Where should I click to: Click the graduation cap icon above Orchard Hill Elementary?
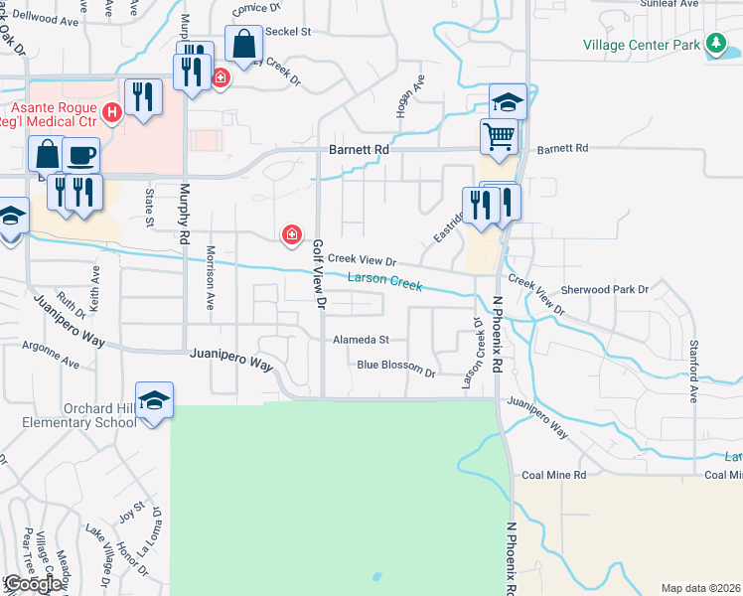tap(154, 399)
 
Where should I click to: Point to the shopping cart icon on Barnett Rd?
tap(500, 137)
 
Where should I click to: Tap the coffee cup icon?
tap(80, 155)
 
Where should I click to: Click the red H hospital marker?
tap(112, 114)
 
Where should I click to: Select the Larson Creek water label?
tap(385, 283)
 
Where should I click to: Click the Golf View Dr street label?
tap(319, 276)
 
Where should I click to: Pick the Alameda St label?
tap(361, 340)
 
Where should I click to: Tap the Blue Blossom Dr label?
tap(396, 367)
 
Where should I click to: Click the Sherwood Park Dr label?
tap(604, 289)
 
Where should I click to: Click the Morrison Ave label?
tap(211, 279)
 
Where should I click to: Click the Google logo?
tap(33, 583)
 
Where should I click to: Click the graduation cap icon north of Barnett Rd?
tap(507, 101)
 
